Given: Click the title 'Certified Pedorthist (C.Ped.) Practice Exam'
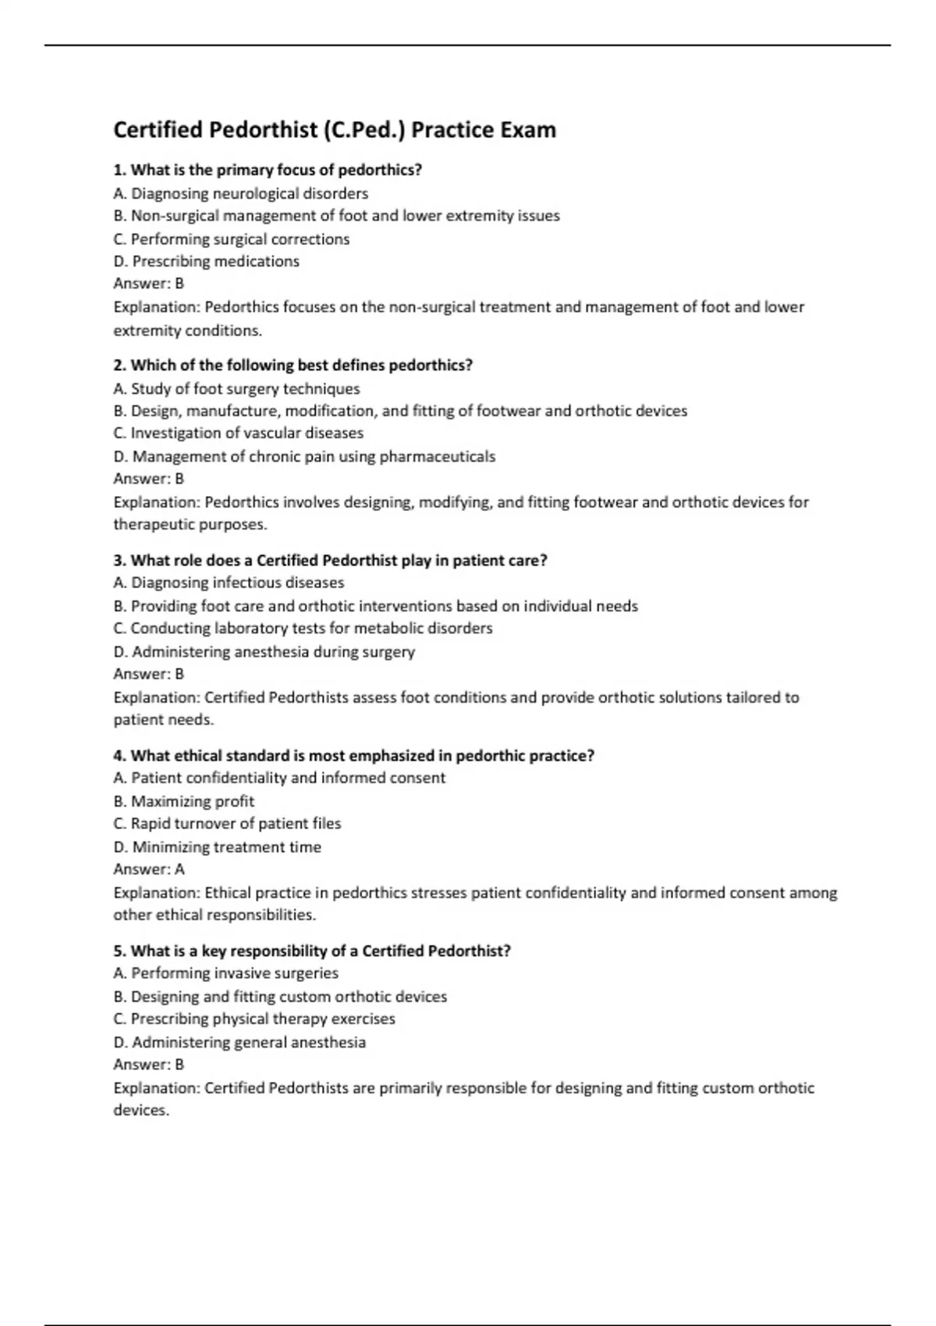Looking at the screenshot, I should tap(335, 129).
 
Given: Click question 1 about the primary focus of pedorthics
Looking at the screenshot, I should tap(268, 170).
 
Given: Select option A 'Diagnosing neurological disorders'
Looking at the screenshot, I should tap(240, 193).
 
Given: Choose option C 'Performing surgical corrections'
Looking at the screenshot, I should tap(231, 239).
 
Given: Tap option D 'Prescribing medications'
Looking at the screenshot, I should tap(206, 261).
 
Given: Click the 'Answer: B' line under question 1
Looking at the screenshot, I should tap(148, 284).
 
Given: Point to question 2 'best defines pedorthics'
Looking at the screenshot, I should tap(293, 365).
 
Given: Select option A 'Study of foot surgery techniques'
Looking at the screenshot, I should tap(236, 388).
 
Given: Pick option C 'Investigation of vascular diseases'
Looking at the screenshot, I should tap(238, 433).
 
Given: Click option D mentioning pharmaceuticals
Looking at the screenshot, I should tap(304, 456).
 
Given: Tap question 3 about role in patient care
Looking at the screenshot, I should tap(330, 560).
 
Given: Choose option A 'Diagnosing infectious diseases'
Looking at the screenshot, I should tap(229, 583).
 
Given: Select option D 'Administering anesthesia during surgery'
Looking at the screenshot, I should tap(264, 651).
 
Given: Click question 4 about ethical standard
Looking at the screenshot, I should tap(353, 755).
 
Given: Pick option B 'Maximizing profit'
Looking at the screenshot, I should tap(183, 801).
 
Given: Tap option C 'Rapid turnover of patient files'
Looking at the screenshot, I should tap(227, 824).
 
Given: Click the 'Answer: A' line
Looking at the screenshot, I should tap(148, 869).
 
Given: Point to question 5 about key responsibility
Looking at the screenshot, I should tap(312, 951).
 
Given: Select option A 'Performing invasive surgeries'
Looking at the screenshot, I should tap(225, 973).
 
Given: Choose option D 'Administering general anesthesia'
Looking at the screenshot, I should tap(239, 1042).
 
